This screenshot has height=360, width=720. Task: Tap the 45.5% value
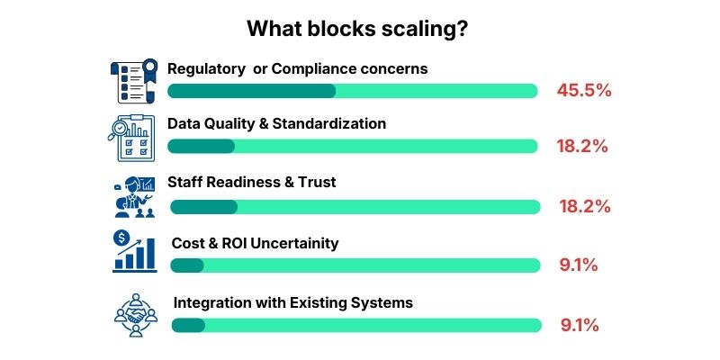(583, 90)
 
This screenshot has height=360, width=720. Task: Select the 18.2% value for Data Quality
(583, 146)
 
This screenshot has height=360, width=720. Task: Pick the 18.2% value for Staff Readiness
(583, 206)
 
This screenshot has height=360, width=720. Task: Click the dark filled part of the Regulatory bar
(252, 90)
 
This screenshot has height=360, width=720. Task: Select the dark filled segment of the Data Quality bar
(202, 146)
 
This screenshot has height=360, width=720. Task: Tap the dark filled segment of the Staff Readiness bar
(203, 206)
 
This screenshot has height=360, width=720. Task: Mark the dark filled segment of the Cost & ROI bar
(187, 265)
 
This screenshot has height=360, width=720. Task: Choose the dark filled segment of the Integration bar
(188, 325)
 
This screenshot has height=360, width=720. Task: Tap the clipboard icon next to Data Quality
(132, 139)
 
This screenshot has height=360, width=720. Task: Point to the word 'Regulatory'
(204, 67)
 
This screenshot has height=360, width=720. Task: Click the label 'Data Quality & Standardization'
(276, 123)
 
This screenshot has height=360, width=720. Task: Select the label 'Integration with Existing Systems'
(292, 302)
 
